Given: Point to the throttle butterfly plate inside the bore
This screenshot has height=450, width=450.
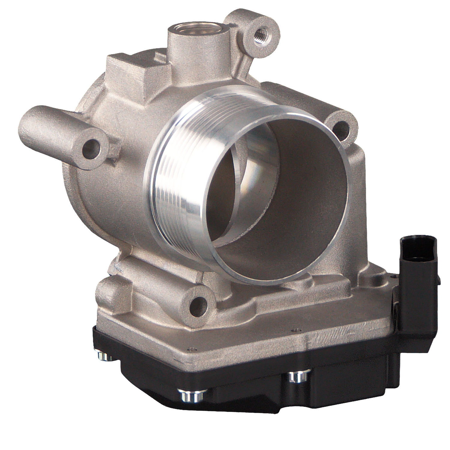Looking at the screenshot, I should point(228,192).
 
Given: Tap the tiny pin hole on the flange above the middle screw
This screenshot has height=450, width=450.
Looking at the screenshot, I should point(190,349).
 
